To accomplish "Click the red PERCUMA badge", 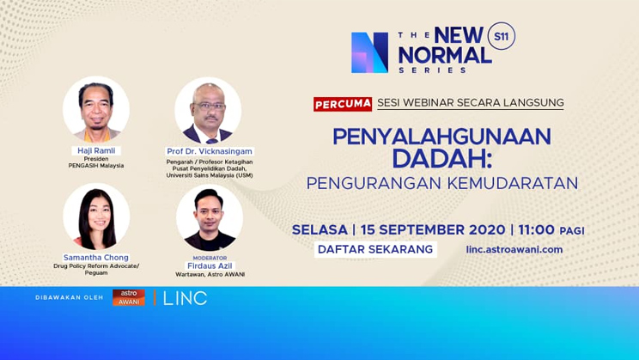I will pos(343,103).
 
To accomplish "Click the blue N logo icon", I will pos(369,52).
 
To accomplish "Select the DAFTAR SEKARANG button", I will pos(375,249).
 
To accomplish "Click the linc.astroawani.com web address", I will pos(514,249).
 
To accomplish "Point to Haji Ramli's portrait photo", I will pos(95,109).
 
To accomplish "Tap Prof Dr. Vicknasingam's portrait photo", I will pos(209,110).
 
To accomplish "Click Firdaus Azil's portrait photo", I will pos(209,217).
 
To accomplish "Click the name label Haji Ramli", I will pos(95,150).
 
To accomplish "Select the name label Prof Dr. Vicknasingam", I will pos(210,151).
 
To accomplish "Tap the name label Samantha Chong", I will pos(95,257).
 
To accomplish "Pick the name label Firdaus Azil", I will pos(210,265).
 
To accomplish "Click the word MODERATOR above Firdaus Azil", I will pos(210,257).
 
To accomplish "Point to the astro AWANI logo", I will pos(129,297).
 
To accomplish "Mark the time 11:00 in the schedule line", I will pos(536,229).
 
